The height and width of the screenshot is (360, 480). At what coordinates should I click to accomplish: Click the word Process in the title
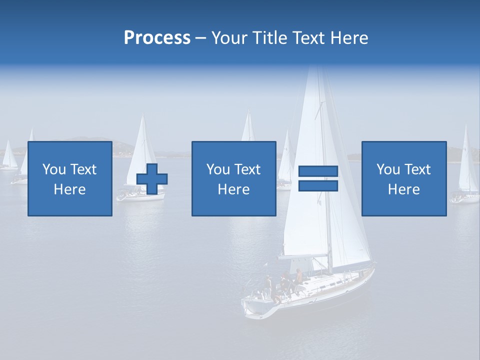coord(157,38)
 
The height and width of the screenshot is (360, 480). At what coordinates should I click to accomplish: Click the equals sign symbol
coord(318,178)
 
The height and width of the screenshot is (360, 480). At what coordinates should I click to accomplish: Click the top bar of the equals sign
coord(318,171)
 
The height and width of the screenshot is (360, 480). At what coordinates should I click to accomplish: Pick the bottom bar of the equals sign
coord(318,185)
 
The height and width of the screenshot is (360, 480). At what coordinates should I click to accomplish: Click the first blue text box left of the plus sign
coord(70,178)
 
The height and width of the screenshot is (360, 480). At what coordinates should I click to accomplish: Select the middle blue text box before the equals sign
coord(233,178)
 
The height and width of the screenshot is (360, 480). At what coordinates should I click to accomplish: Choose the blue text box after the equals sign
coord(404,178)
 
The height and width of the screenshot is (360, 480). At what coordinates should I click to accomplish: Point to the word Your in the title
coord(230,38)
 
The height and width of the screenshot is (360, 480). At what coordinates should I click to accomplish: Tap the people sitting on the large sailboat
coord(285,282)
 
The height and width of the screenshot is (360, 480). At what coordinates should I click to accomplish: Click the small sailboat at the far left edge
coord(8,157)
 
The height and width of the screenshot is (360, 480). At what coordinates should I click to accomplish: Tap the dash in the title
coord(201,38)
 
